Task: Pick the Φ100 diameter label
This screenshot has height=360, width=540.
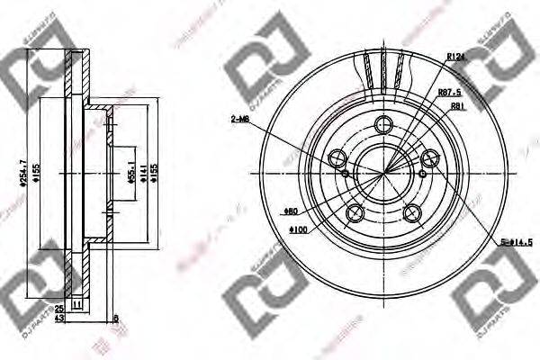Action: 299,229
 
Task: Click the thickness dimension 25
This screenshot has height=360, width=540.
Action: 58,308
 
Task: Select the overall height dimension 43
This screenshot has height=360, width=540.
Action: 58,319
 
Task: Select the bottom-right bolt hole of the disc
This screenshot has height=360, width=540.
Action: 413,212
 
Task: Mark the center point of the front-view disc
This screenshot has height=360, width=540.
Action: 384,172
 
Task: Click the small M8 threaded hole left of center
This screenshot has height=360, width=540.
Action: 346,171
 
